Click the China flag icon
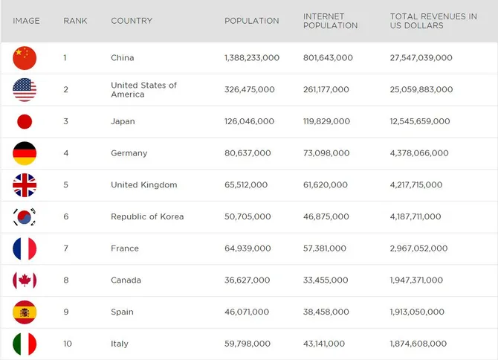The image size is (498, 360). pos(25,58)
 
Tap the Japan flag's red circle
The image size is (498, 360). pos(25,122)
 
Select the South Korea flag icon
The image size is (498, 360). pos(25,217)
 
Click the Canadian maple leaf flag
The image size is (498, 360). pos(25,280)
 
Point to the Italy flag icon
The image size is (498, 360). pos(25,344)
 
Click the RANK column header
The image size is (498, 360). pos(75,21)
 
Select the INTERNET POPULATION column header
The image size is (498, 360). pos(330,21)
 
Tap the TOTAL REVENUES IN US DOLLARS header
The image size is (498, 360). pos(433,21)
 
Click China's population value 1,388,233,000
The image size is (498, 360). pos(252,58)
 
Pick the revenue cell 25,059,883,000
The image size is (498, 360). pos(421,89)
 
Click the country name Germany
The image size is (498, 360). pos(129,153)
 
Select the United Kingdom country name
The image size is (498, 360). pos(144,185)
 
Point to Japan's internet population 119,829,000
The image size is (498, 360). pos(326,121)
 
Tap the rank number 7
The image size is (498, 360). pos(65,248)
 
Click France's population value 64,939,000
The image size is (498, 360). pos(248,248)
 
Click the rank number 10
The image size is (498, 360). pos(68,344)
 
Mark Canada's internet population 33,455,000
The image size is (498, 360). pos(326,280)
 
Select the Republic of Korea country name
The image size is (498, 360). pos(147,216)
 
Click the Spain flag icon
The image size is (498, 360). pos(25,312)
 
